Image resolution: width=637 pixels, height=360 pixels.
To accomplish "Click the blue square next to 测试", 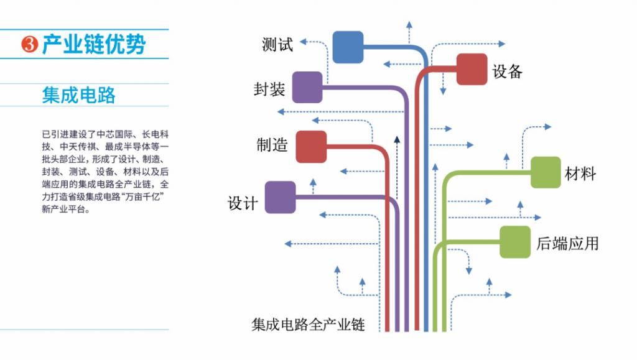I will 348,47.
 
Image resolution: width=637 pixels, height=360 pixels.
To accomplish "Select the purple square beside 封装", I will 307,87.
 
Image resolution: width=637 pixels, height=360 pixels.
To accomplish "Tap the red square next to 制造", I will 311,146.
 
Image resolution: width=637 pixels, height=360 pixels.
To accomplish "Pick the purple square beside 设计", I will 280,197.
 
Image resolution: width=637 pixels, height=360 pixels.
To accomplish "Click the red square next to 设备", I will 472,69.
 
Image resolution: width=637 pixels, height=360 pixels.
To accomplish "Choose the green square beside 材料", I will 546,172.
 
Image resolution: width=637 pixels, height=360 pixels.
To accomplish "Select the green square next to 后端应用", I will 515,241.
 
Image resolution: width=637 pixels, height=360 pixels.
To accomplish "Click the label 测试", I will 277,45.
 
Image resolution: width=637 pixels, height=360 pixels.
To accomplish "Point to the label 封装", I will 269,90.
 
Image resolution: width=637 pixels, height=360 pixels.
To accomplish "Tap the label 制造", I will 272,145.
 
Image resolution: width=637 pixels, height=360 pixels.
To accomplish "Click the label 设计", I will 243,203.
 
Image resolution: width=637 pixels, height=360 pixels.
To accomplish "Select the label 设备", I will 507,72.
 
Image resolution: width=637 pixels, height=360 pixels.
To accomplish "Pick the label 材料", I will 580,173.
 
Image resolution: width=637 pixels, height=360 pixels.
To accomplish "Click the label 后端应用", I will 567,243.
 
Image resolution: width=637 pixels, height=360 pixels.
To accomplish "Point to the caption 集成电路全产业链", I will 308,325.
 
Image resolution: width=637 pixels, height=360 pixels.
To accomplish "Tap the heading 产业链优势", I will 94,45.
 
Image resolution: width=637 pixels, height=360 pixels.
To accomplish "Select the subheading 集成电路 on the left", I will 79,95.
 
